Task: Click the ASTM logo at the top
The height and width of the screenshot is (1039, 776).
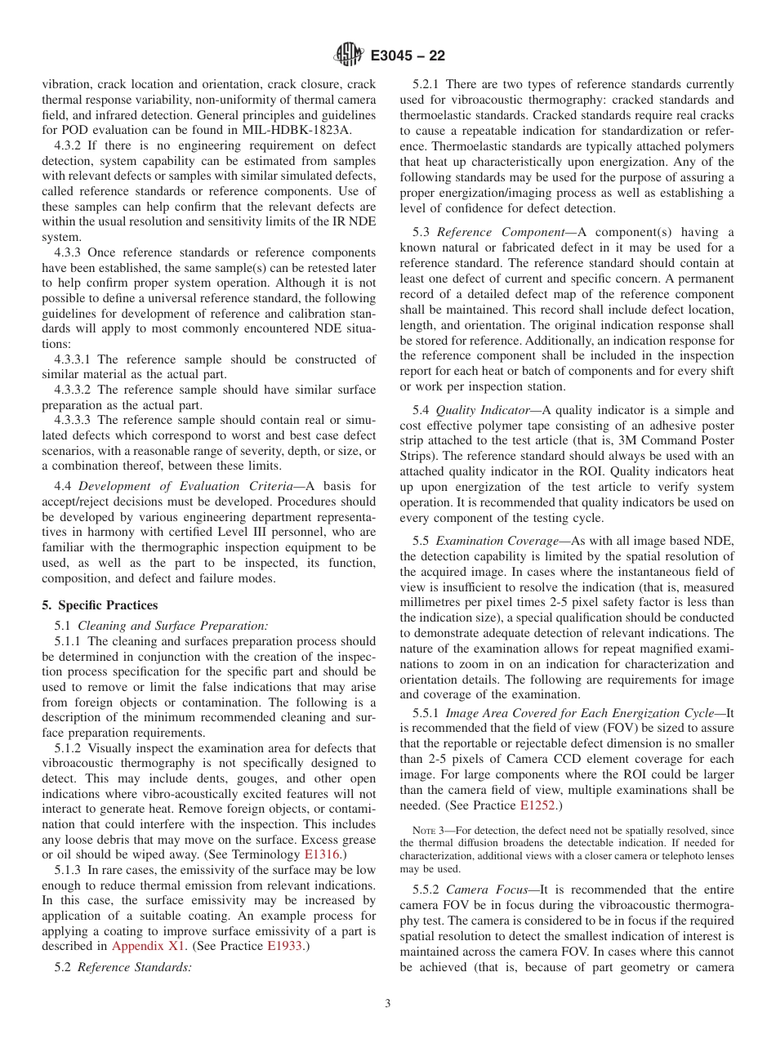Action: (x=349, y=56)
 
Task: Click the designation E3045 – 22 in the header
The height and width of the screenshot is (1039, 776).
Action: (x=408, y=56)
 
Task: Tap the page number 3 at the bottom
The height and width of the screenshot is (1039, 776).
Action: (x=388, y=1004)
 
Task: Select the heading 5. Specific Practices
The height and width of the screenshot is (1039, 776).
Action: (x=100, y=605)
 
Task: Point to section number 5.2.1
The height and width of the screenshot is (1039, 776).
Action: (x=426, y=84)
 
